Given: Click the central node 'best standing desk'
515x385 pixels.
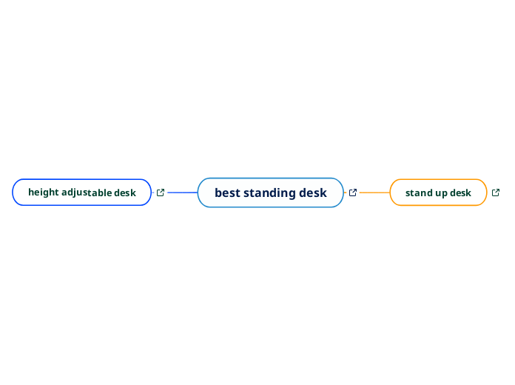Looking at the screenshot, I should point(270,192).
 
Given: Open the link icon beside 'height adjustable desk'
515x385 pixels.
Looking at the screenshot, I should point(161,192).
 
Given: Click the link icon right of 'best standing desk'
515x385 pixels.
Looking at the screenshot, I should point(353,192).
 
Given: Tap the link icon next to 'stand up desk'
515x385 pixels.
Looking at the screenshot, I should point(496,192).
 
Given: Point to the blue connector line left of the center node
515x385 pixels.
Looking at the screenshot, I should point(182,192).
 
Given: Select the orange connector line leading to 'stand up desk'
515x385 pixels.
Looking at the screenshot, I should point(374,192).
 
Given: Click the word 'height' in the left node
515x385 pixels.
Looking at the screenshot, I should point(43,192).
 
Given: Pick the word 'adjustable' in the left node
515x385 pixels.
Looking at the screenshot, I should point(87,192).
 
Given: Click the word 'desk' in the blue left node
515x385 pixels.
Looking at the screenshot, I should point(125,192).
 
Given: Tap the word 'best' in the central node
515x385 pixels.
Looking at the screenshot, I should point(227,192).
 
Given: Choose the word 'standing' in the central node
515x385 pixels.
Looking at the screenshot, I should point(270,192).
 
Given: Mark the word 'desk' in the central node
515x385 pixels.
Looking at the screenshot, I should point(313,192).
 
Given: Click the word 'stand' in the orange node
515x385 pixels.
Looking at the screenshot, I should point(418,192).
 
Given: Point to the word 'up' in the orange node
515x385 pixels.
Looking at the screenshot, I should point(440,193).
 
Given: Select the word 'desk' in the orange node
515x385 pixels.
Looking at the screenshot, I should point(460,192).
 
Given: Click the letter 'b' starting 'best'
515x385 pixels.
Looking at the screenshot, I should point(218,192).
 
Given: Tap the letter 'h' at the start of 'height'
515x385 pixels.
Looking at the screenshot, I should point(31,192).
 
